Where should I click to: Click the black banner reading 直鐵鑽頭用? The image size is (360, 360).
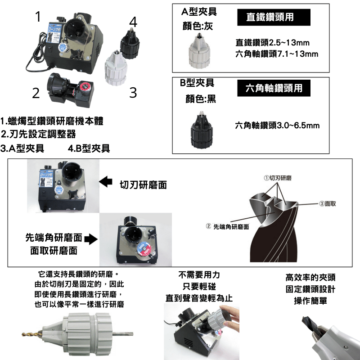point(274,17)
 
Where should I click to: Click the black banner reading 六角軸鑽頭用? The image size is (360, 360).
point(274,88)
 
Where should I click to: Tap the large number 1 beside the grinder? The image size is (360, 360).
point(38,17)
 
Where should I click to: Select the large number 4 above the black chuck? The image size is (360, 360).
point(133,22)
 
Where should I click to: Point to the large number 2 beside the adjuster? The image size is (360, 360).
point(36,93)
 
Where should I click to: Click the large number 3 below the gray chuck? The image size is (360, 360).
point(133,93)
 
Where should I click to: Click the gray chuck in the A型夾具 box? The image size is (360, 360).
point(199,51)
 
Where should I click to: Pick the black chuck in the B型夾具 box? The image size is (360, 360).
point(201,129)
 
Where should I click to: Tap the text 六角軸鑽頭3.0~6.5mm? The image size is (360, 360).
point(277,126)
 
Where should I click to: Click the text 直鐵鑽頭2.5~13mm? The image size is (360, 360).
point(273,42)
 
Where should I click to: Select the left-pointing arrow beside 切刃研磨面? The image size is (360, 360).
point(106,181)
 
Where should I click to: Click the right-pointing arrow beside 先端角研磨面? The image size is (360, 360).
point(91,239)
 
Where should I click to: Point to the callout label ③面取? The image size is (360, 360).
point(328,204)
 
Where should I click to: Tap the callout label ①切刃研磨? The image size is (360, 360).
point(278,178)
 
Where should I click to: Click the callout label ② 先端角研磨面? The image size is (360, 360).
point(228,227)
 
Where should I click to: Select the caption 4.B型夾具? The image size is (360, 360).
point(89,148)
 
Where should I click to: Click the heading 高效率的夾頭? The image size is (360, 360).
point(310,277)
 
